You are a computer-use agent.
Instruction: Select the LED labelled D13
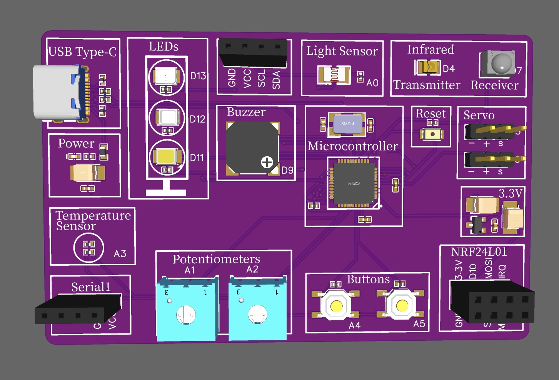[x=166, y=76]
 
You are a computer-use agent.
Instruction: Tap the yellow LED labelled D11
[x=167, y=156]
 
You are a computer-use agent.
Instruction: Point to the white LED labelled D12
[x=167, y=116]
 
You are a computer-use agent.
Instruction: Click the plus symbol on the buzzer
[x=267, y=162]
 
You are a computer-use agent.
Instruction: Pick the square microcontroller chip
[x=353, y=183]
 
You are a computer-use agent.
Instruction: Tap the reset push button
[x=432, y=134]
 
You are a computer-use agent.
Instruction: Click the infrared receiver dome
[x=502, y=63]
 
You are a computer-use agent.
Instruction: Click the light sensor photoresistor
[x=334, y=74]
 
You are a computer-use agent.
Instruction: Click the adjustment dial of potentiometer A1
[x=186, y=315]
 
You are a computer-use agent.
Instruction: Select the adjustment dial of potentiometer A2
[x=258, y=314]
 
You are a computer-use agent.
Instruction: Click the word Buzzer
[x=246, y=112]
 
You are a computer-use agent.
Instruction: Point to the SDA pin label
[x=276, y=80]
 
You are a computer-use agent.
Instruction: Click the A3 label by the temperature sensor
[x=120, y=254]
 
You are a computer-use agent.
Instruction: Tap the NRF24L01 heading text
[x=479, y=252]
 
